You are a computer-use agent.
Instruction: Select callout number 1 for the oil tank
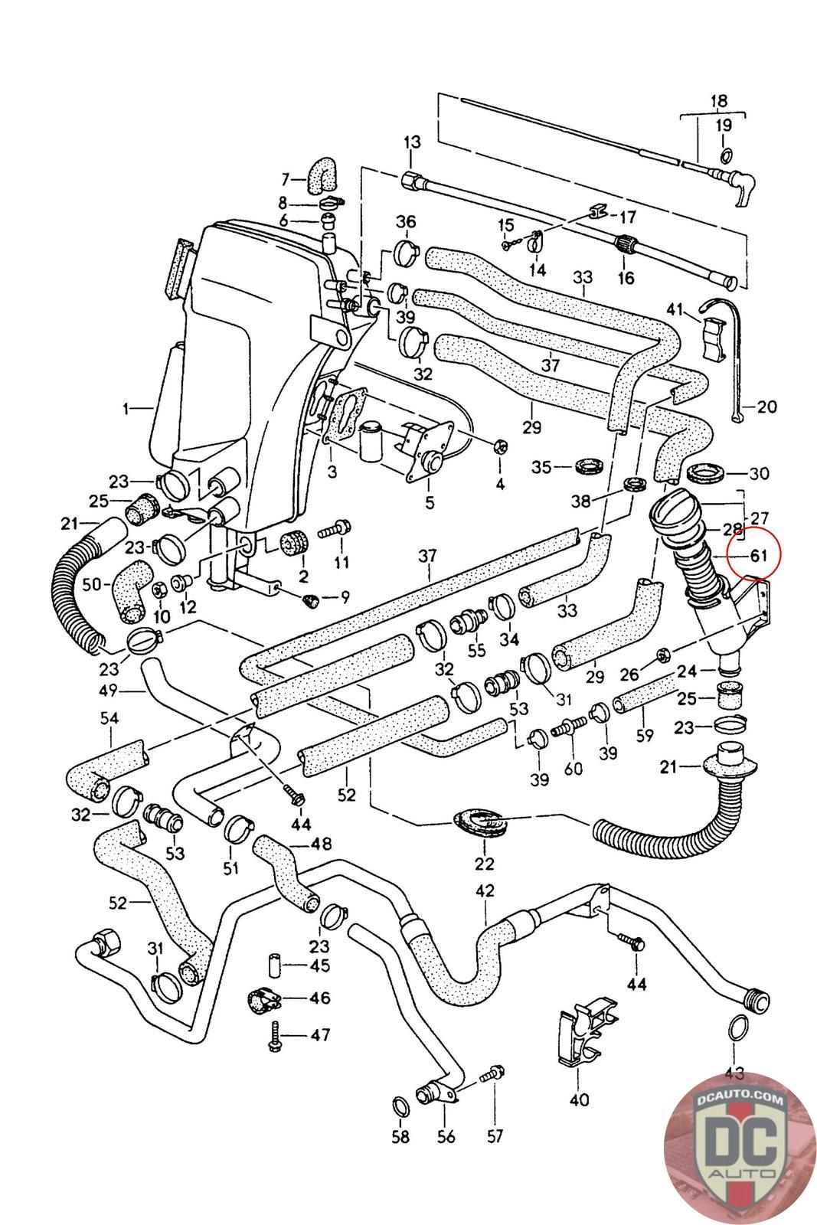[126, 409]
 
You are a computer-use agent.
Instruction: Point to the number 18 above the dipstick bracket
[718, 101]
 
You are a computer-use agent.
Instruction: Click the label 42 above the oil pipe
[485, 890]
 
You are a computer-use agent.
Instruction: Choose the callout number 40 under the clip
[580, 1100]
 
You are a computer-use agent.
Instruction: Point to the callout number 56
[446, 1136]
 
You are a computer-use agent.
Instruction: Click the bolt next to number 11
[338, 528]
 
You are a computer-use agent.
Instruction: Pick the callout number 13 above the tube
[412, 142]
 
